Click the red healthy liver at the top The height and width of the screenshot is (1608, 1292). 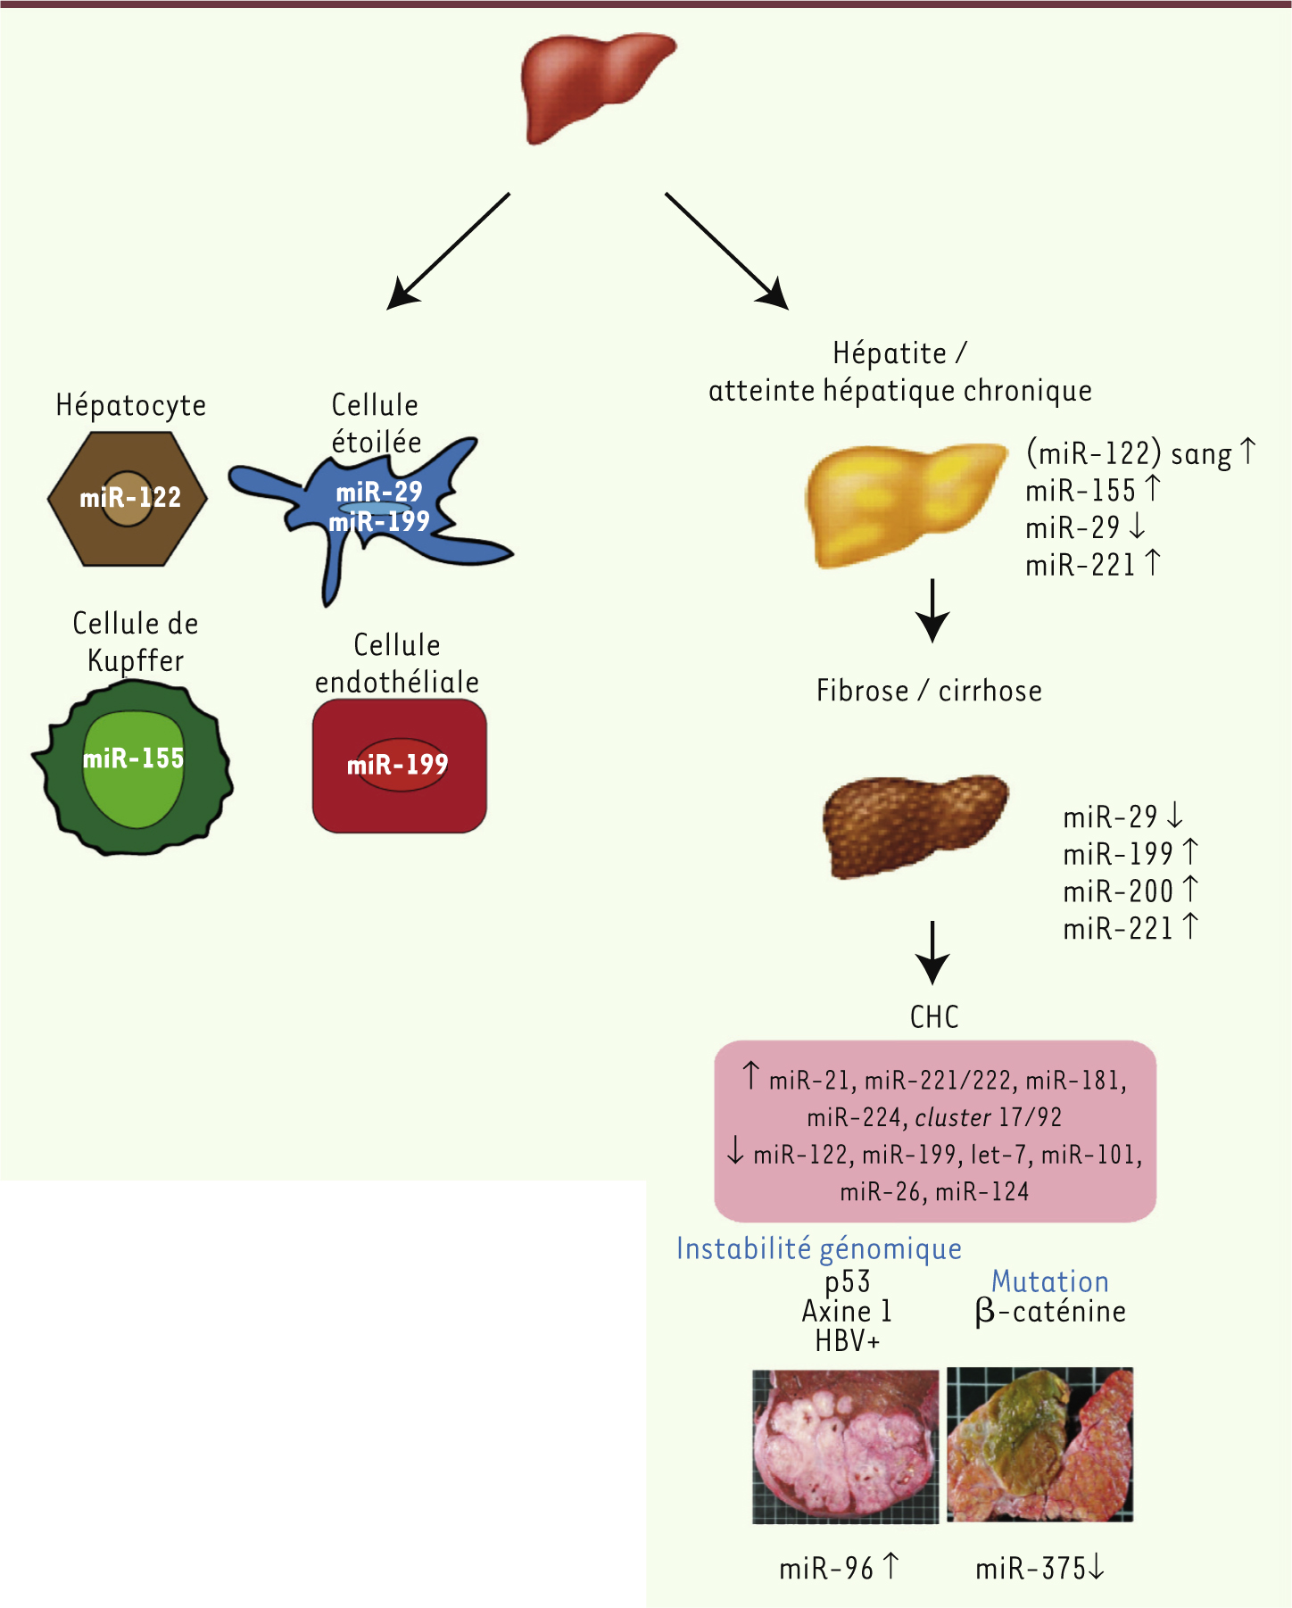point(593,85)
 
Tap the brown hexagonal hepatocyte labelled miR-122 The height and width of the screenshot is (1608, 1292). point(128,498)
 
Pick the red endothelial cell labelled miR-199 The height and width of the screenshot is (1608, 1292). point(399,766)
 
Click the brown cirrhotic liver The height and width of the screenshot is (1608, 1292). point(915,825)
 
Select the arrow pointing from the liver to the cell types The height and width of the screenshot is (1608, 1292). point(449,251)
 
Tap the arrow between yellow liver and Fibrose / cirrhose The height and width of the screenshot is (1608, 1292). point(932,610)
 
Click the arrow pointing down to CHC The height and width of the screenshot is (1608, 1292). point(932,952)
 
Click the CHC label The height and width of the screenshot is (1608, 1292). point(934,1017)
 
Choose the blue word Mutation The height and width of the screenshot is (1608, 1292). point(1050,1281)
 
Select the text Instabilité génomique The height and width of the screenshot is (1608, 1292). point(819,1248)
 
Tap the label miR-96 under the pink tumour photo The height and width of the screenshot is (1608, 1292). point(839,1568)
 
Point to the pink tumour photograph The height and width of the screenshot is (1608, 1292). point(845,1446)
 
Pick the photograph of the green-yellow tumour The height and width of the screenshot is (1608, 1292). point(1039,1444)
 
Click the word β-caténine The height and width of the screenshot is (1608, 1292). point(1050,1312)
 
